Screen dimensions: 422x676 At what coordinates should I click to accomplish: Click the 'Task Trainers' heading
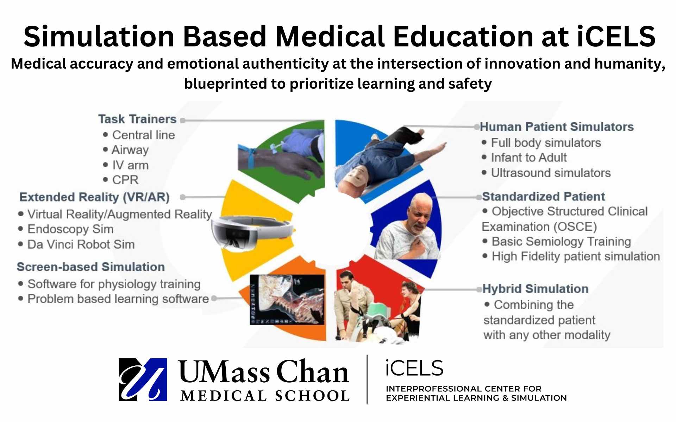(137, 119)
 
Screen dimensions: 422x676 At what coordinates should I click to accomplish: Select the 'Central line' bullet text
(143, 135)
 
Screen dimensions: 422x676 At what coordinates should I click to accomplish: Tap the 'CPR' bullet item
(125, 180)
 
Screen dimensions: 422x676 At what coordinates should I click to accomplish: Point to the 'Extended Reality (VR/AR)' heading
(94, 197)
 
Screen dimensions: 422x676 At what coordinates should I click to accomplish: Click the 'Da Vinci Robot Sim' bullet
(81, 244)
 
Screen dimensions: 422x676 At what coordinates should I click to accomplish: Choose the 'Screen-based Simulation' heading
(91, 267)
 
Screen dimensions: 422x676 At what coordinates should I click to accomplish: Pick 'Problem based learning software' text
(118, 299)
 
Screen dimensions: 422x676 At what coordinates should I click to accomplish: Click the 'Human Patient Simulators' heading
(557, 127)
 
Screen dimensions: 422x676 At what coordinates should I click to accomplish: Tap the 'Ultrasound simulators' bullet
(551, 173)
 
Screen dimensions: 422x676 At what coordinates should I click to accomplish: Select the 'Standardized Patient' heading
(543, 196)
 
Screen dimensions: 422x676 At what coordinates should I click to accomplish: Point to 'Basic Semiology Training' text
(561, 242)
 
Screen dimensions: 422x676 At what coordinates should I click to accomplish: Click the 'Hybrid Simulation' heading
(535, 289)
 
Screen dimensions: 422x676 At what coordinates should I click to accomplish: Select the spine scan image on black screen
(287, 299)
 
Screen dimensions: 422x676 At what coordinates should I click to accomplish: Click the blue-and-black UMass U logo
(143, 379)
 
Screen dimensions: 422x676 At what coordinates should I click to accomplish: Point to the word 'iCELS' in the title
(616, 36)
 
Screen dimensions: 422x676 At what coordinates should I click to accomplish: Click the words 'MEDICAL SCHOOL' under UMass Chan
(265, 396)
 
